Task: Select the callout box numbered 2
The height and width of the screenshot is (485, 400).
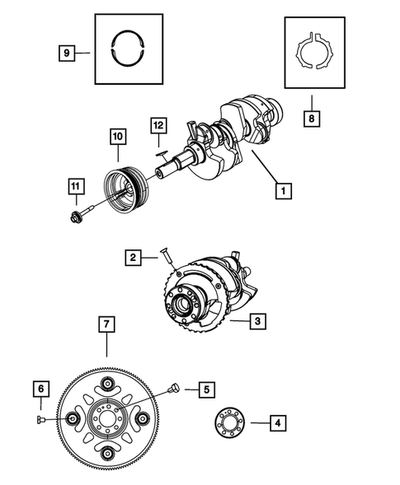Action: pos(132,258)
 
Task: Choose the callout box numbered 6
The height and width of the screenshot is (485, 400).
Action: pos(40,388)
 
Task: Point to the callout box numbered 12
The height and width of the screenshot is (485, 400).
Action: pos(158,126)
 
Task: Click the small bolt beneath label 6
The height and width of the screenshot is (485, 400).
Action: pos(42,419)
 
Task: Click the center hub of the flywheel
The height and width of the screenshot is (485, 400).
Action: pos(107,421)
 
